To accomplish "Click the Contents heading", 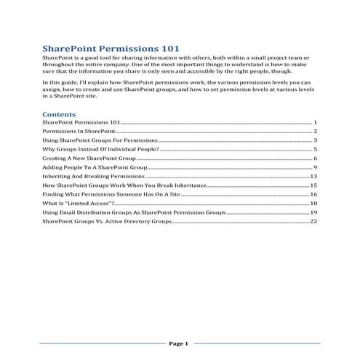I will pos(60,115).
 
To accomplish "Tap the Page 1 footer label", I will pos(179,343).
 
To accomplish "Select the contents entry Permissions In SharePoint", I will pos(79,130).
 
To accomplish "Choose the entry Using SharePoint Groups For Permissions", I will pos(99,140).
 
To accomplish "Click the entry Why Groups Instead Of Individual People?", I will pos(100,148).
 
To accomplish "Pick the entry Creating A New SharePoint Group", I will pos(89,158).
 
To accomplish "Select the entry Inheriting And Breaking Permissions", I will pos(94,176).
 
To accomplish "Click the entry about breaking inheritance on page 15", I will pos(125,185).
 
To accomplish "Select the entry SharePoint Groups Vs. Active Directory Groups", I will pos(108,222).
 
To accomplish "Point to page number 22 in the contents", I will pos(313,222).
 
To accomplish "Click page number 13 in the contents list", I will pos(313,176).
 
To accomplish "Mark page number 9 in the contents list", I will pos(316,167).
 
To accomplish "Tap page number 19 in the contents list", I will pos(313,213).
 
